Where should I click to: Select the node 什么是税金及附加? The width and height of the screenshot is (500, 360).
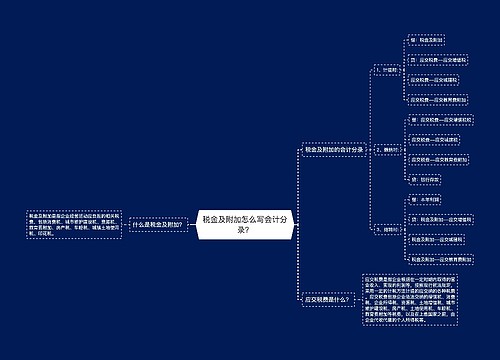click(x=156, y=225)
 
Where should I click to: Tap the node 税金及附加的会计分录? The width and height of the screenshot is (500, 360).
click(x=336, y=148)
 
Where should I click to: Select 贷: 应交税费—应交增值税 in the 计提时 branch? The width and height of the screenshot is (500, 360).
click(x=441, y=59)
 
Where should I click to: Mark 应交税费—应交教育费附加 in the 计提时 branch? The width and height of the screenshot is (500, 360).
click(x=441, y=99)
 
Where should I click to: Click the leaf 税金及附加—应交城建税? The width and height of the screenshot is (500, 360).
click(x=440, y=240)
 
